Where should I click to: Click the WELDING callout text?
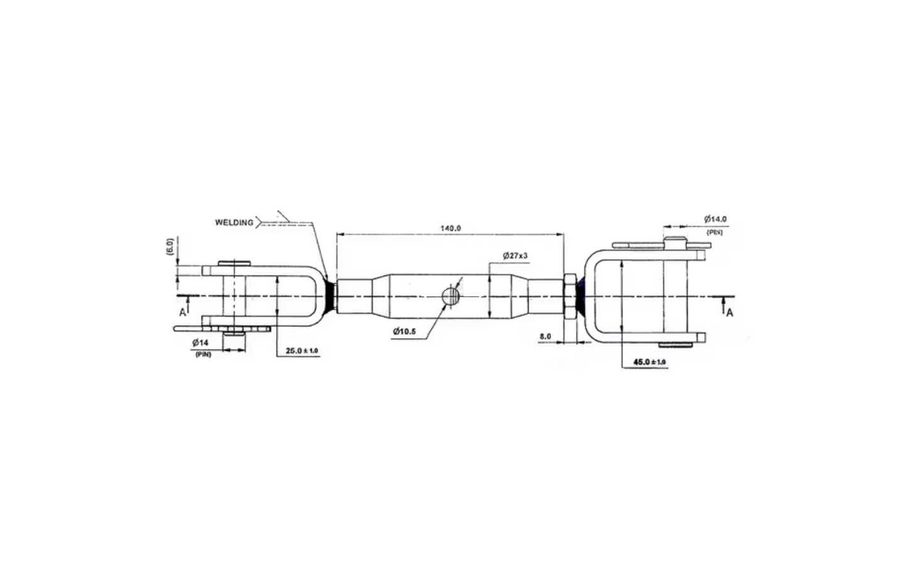[x=234, y=222]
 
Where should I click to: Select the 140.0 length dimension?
[x=450, y=228]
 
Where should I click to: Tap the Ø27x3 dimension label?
[x=515, y=255]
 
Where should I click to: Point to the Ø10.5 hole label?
[x=404, y=331]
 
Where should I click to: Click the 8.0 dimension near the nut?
[x=545, y=336]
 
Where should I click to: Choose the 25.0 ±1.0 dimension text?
[x=302, y=350]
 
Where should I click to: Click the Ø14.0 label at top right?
[x=715, y=219]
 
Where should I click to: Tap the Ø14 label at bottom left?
[x=201, y=342]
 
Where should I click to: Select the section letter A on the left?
[x=182, y=312]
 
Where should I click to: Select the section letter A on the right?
[x=729, y=313]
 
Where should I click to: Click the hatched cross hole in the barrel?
[x=450, y=296]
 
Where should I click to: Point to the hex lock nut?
[x=571, y=296]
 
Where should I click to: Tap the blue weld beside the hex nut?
[x=583, y=296]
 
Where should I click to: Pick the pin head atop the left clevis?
[x=234, y=262]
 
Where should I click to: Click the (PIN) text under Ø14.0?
[x=715, y=232]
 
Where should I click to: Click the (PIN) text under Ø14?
[x=202, y=355]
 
